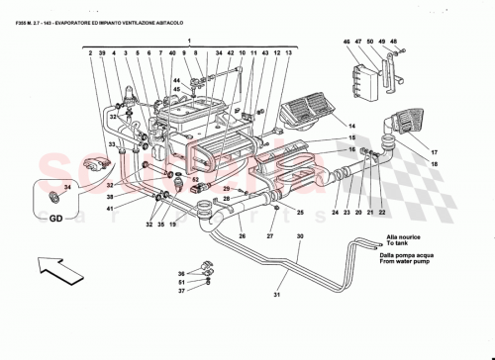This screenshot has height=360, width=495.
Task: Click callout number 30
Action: coord(300,237)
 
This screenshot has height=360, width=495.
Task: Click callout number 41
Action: coord(112,208)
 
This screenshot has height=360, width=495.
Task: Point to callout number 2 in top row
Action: coord(90,52)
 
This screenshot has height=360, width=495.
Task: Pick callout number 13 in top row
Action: coord(289,52)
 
